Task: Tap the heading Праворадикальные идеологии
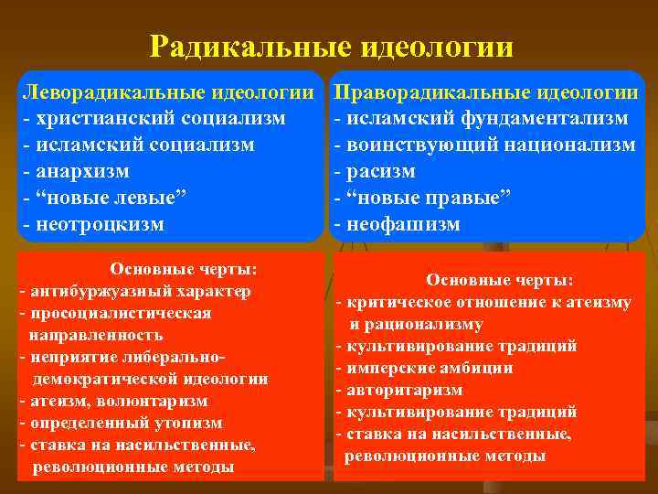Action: coord(485,91)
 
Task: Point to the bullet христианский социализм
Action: coord(159,118)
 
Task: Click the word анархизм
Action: coord(81,171)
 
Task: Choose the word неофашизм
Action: coord(402,224)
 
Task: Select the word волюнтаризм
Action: coord(151,401)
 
